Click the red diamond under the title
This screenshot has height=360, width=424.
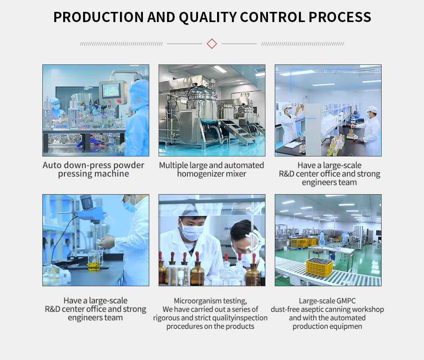click(212, 44)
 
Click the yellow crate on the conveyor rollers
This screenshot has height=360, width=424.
click(320, 266)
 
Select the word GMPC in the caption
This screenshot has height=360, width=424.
click(346, 301)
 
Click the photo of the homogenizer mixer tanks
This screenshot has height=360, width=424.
click(212, 110)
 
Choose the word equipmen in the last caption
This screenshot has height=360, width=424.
click(345, 327)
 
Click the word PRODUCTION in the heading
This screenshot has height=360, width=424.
click(98, 17)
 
